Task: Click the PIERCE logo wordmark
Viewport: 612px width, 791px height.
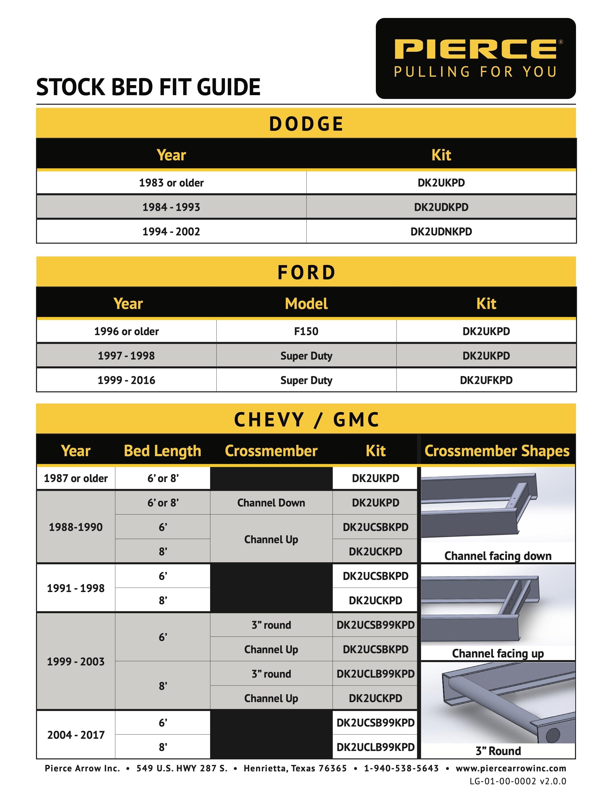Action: pyautogui.click(x=476, y=49)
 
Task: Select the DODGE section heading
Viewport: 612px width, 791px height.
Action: pyautogui.click(x=306, y=124)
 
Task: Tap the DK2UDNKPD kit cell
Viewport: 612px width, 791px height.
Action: pyautogui.click(x=441, y=232)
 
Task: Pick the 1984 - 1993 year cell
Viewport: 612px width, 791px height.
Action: pyautogui.click(x=171, y=207)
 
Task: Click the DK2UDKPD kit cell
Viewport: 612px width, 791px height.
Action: pyautogui.click(x=441, y=207)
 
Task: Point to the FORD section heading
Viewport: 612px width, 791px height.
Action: pyautogui.click(x=306, y=272)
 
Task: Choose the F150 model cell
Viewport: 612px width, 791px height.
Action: pyautogui.click(x=306, y=332)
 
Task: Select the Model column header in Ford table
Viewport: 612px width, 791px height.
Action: pyautogui.click(x=306, y=303)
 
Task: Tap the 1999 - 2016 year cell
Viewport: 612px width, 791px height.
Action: pyautogui.click(x=126, y=380)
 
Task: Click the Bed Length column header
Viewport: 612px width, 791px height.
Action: pyautogui.click(x=162, y=451)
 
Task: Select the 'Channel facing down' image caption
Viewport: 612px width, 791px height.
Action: pyautogui.click(x=498, y=556)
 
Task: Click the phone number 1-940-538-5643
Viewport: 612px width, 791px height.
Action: pyautogui.click(x=401, y=768)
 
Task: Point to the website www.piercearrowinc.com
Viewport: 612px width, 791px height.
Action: pyautogui.click(x=511, y=768)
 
